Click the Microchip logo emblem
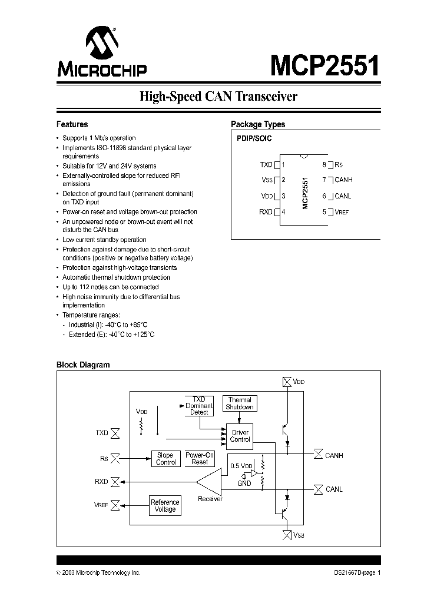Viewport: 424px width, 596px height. pyautogui.click(x=101, y=44)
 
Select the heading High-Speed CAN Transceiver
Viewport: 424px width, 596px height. pyautogui.click(x=218, y=97)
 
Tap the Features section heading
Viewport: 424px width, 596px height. pyautogui.click(x=72, y=124)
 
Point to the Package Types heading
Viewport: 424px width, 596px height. pyautogui.click(x=257, y=124)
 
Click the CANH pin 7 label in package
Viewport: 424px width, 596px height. pyautogui.click(x=343, y=180)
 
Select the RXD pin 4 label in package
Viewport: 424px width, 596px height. pyautogui.click(x=266, y=212)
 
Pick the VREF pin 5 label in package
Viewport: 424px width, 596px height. pyautogui.click(x=342, y=212)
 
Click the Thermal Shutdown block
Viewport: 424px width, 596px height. pyautogui.click(x=240, y=403)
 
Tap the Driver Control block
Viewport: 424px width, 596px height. pyautogui.click(x=240, y=436)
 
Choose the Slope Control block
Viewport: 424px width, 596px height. pyautogui.click(x=165, y=459)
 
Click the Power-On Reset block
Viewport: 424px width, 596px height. pyautogui.click(x=200, y=459)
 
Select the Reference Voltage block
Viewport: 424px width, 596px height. pyautogui.click(x=165, y=505)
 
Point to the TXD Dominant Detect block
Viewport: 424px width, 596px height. pyautogui.click(x=199, y=406)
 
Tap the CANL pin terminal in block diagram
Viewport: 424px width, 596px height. pyautogui.click(x=318, y=489)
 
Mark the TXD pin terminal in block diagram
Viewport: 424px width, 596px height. pyautogui.click(x=116, y=433)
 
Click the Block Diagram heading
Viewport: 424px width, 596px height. pyautogui.click(x=82, y=365)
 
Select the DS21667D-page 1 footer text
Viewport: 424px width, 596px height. pyautogui.click(x=353, y=573)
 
